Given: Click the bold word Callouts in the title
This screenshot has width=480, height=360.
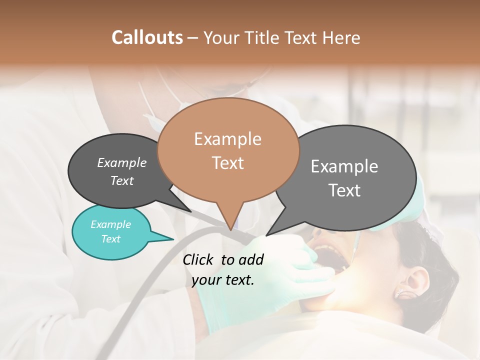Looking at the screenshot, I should [x=147, y=37].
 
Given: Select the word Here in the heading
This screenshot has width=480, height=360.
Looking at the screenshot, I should [x=341, y=38].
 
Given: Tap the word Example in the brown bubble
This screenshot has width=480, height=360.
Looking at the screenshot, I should [x=227, y=139].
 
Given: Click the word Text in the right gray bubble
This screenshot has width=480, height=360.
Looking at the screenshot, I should [x=344, y=190].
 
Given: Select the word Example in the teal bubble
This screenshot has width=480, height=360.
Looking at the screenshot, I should [x=111, y=224].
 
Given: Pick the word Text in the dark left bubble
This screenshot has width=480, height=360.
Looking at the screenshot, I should [x=122, y=181].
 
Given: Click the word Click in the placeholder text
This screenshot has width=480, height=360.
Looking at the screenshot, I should [x=198, y=259].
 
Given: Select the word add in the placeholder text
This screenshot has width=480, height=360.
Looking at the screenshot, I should [x=251, y=259].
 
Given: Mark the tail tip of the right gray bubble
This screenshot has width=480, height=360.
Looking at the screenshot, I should [x=267, y=235].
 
